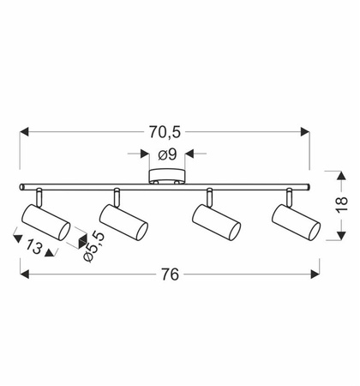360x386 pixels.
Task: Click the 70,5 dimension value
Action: pyautogui.click(x=165, y=132)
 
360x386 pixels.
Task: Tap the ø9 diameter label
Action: pyautogui.click(x=167, y=154)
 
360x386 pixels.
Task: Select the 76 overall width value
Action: pyautogui.click(x=170, y=274)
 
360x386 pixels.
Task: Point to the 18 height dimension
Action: pyautogui.click(x=342, y=204)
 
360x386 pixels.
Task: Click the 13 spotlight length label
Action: pyautogui.click(x=34, y=247)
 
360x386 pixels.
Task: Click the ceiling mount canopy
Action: pyautogui.click(x=167, y=177)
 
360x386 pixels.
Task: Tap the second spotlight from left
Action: pyautogui.click(x=123, y=222)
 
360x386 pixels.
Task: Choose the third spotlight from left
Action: pyautogui.click(x=216, y=222)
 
